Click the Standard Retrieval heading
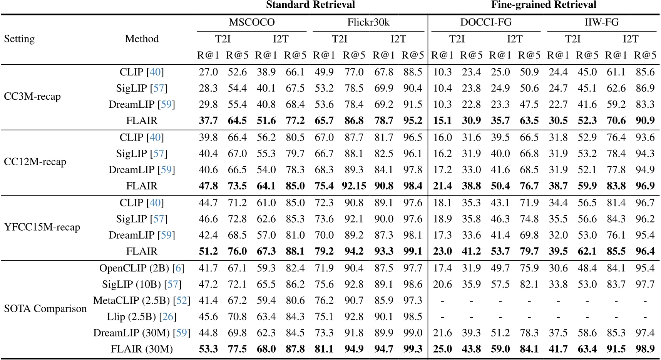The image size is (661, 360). (310, 5)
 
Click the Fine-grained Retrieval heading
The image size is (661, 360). (544, 5)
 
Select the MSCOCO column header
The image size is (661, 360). (252, 22)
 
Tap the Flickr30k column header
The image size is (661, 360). (368, 22)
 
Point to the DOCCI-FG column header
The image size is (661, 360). (486, 22)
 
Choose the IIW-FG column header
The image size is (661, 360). (602, 22)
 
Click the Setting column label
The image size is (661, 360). (19, 39)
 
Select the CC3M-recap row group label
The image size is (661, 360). (32, 96)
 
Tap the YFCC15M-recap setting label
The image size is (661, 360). (42, 227)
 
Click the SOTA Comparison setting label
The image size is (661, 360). (45, 309)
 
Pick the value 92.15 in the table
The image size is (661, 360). (354, 186)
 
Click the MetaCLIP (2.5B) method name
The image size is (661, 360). (131, 300)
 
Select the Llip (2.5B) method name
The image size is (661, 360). (131, 316)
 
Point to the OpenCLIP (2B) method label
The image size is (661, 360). (135, 268)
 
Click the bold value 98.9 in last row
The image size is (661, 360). (645, 349)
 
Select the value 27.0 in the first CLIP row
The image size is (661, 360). (208, 72)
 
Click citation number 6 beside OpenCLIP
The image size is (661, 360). (179, 268)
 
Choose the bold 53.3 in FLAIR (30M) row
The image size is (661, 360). (208, 349)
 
